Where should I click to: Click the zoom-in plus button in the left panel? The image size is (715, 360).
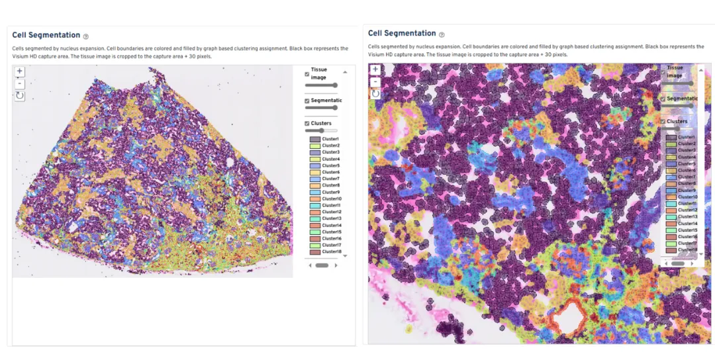pyautogui.click(x=19, y=71)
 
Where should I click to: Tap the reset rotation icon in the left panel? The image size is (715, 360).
pyautogui.click(x=19, y=96)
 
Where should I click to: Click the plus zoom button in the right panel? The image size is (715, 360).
pyautogui.click(x=375, y=69)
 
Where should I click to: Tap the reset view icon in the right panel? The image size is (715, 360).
pyautogui.click(x=375, y=94)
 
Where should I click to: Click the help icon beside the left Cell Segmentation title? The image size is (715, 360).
pyautogui.click(x=86, y=36)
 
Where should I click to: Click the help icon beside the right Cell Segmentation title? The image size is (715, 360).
pyautogui.click(x=442, y=34)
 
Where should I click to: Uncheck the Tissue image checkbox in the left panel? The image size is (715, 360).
pyautogui.click(x=307, y=74)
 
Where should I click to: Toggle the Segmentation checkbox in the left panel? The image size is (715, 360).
pyautogui.click(x=307, y=101)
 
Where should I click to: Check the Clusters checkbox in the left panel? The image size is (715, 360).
pyautogui.click(x=307, y=124)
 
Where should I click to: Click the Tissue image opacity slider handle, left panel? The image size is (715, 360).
pyautogui.click(x=335, y=85)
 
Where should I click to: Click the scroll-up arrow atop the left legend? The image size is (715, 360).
pyautogui.click(x=344, y=72)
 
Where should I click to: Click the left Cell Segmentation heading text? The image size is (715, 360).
pyautogui.click(x=46, y=36)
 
